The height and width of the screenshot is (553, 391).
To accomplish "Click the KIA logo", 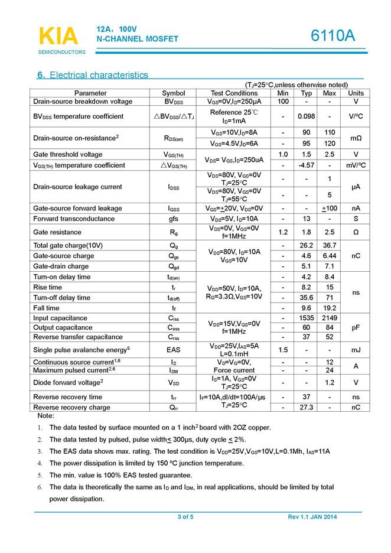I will [58, 36].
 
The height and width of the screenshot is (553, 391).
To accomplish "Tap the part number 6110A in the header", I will [333, 36].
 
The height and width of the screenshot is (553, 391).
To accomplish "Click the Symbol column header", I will [173, 93].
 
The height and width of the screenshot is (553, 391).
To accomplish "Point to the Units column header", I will [356, 93].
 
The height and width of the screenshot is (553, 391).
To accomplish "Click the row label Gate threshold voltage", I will [68, 155].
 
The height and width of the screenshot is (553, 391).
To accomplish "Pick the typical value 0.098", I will [306, 116].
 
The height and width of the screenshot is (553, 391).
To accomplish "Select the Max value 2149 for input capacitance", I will [330, 318].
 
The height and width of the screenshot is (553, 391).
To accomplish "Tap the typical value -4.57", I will [306, 165].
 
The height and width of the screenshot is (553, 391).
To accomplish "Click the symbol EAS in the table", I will [173, 350].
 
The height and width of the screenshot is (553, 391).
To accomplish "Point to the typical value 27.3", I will [306, 408].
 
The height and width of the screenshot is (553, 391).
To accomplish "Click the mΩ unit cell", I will [356, 138].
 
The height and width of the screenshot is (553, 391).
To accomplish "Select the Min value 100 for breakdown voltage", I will [283, 102].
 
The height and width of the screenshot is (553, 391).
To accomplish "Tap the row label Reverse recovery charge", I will [71, 408].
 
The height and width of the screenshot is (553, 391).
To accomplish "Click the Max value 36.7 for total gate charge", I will [330, 245].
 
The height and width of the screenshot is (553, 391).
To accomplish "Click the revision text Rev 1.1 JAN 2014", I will [312, 518].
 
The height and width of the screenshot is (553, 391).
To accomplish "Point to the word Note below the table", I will [45, 416].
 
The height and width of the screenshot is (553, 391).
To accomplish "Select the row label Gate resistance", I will [57, 232].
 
